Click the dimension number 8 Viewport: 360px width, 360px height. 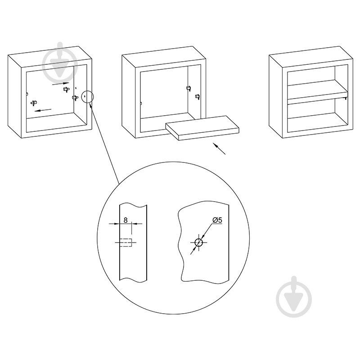point(126,220)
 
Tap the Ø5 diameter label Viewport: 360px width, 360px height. point(217,220)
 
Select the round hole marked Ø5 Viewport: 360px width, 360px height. point(198,243)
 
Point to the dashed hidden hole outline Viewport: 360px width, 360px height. point(126,243)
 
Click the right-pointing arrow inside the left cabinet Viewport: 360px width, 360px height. point(61,84)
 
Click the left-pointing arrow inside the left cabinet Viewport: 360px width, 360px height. point(43,110)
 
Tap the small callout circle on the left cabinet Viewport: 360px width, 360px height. point(87,97)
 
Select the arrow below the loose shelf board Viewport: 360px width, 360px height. point(219,148)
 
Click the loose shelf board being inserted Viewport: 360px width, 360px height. point(202,128)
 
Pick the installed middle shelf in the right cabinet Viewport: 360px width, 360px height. point(318,92)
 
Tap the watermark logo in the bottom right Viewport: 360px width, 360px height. point(294,297)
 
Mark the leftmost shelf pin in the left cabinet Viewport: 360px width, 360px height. point(34,103)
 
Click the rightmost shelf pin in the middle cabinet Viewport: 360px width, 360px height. point(197,97)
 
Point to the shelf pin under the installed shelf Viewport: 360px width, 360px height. point(345,98)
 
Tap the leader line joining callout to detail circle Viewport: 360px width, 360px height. point(104,144)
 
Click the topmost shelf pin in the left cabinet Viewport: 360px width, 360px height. point(66,89)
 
